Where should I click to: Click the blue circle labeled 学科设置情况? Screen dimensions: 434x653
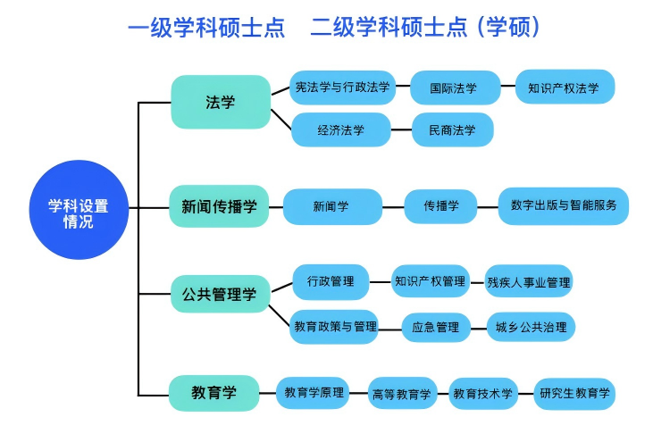tap(79, 212)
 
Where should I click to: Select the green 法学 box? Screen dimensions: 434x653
tap(220, 102)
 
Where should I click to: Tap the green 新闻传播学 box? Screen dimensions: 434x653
tap(219, 206)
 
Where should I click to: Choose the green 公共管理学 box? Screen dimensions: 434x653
tap(219, 294)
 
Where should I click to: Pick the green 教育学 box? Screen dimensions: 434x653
tap(214, 392)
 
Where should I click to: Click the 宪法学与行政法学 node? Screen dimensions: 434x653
tap(343, 88)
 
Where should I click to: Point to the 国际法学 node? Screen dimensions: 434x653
tap(454, 88)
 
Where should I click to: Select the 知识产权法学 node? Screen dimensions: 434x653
tap(570, 88)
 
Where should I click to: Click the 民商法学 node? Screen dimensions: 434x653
tap(453, 129)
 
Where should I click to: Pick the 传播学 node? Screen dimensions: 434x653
tap(442, 206)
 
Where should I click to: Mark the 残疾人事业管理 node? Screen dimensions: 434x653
tap(529, 282)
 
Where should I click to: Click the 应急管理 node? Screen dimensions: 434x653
tap(435, 327)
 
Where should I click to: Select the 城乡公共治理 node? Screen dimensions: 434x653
tap(531, 327)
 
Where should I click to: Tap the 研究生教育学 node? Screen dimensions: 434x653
tap(575, 393)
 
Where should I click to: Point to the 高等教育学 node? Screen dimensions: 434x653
tap(402, 393)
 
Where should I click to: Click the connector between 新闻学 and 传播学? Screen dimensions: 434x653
tap(393, 207)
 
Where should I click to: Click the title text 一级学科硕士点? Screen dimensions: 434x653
tap(206, 28)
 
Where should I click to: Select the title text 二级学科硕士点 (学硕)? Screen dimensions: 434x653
tap(425, 28)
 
